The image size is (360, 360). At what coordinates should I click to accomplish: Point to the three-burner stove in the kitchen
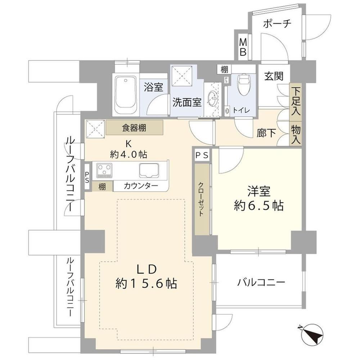pos(104,170)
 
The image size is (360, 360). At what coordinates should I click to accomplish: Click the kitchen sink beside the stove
pos(149,170)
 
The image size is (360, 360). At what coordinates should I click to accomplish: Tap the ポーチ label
pos(277,24)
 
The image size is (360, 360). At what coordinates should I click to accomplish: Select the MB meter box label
pos(243,47)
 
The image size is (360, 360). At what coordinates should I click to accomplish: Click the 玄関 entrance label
pos(274,76)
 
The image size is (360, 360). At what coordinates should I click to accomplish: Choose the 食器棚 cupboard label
pos(134,128)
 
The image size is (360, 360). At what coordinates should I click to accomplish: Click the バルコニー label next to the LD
pos(261,282)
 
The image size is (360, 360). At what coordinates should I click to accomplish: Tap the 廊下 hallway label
pos(266,133)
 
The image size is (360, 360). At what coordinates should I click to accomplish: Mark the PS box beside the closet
pos(202,156)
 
